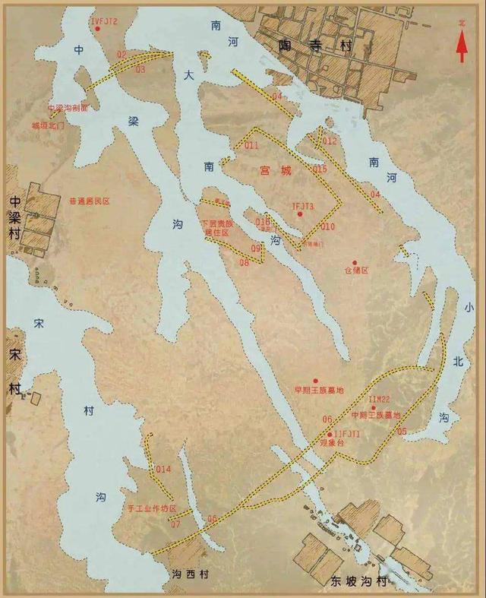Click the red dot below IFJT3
coord(301,215)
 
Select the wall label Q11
coord(251,145)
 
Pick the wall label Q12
coord(330,141)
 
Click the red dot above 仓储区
coord(354,263)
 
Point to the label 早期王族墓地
coord(319,390)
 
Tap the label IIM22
coord(379,399)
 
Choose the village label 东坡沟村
coord(358,582)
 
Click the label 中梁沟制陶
coord(68,108)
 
